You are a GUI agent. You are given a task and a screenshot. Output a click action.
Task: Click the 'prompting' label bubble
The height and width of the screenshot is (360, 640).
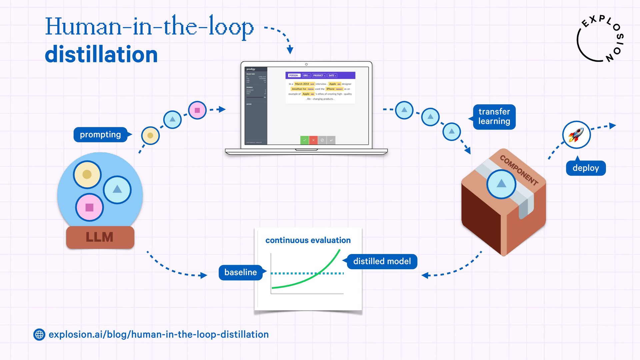pos(100,135)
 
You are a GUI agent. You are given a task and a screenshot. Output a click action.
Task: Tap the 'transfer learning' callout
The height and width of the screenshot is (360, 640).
pos(494,117)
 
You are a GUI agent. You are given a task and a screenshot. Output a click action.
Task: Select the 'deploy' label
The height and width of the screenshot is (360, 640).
pos(586,168)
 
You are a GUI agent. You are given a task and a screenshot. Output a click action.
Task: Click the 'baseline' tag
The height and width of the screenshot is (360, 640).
pos(241,272)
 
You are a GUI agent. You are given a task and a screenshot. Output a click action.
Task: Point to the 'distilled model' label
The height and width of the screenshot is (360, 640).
pos(382,261)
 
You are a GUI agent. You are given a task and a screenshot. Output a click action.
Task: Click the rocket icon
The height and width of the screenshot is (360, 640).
pos(576,135)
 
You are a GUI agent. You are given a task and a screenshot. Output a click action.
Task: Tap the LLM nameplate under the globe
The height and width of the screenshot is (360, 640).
pos(100,237)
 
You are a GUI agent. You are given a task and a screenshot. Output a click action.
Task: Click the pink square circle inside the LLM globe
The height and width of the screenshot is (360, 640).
pos(89,207)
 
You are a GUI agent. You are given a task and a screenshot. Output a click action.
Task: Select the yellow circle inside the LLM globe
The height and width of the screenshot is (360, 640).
pos(87,174)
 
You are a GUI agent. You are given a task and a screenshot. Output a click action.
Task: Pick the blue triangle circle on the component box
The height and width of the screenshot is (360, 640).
pos(501,184)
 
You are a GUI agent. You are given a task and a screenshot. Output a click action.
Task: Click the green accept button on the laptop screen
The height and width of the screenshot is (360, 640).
pos(304,140)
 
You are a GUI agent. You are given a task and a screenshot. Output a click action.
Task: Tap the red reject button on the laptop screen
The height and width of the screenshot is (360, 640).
pos(313,140)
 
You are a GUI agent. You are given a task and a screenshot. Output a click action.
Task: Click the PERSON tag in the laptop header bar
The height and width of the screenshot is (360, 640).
pos(294,76)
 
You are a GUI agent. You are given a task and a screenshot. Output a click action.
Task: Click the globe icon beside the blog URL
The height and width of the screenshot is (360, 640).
pos(39,334)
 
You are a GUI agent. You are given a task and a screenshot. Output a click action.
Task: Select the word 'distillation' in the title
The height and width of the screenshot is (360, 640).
pos(101,54)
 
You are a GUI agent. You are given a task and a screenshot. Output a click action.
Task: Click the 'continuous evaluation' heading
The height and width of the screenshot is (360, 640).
pos(308,240)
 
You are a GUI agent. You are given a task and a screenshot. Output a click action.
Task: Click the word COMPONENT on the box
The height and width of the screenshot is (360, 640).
pos(519,170)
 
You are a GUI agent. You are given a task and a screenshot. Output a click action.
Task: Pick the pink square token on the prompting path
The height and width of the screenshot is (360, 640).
pos(197,110)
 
